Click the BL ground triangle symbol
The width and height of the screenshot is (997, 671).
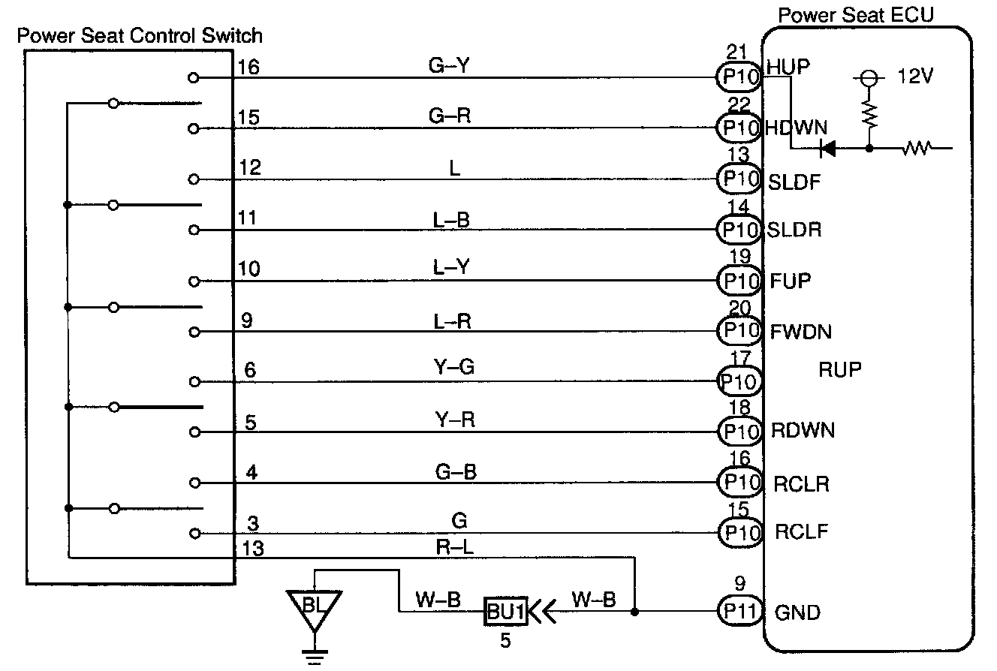pos(314,606)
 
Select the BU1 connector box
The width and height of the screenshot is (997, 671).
pos(505,612)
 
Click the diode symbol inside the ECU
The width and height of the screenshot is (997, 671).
pos(828,149)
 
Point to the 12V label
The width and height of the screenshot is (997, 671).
pos(915,77)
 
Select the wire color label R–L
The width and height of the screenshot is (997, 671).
pos(454,547)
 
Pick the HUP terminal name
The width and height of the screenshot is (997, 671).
pos(788,67)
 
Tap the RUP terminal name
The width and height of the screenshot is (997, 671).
pos(840,369)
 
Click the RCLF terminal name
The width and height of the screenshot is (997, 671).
pos(801,532)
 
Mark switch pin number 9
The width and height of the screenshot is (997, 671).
pos(247,321)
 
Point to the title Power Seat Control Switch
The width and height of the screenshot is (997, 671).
pos(140,35)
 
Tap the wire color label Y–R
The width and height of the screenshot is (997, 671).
pos(454,419)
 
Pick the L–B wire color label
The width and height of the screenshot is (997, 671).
pos(452,219)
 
